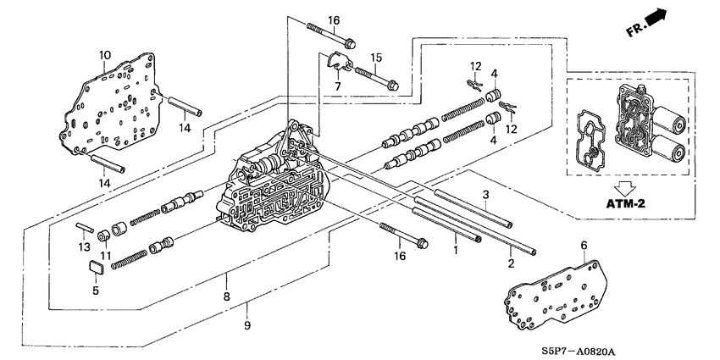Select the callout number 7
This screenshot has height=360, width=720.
point(337,86)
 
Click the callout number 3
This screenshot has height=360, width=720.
point(486,195)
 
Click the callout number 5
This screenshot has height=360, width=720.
point(95,290)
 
